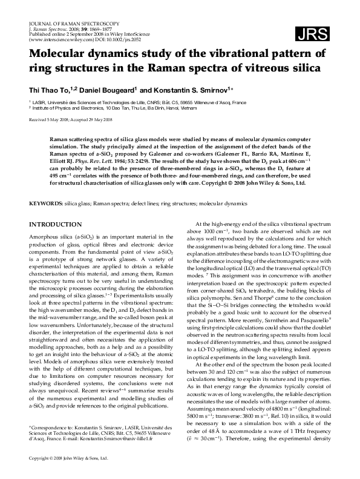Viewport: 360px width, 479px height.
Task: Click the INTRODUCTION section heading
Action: tap(56, 224)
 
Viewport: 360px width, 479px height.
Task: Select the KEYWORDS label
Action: tap(46, 205)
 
